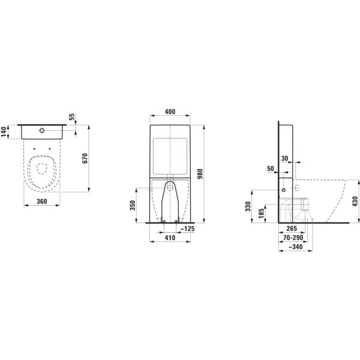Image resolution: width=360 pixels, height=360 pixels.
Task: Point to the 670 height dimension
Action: pyautogui.click(x=85, y=158)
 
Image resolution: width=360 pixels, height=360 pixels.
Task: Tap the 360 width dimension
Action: pyautogui.click(x=41, y=202)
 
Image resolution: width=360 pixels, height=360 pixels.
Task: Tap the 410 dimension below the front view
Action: pyautogui.click(x=170, y=238)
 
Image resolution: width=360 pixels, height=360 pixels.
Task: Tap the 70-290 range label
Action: pyautogui.click(x=293, y=238)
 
